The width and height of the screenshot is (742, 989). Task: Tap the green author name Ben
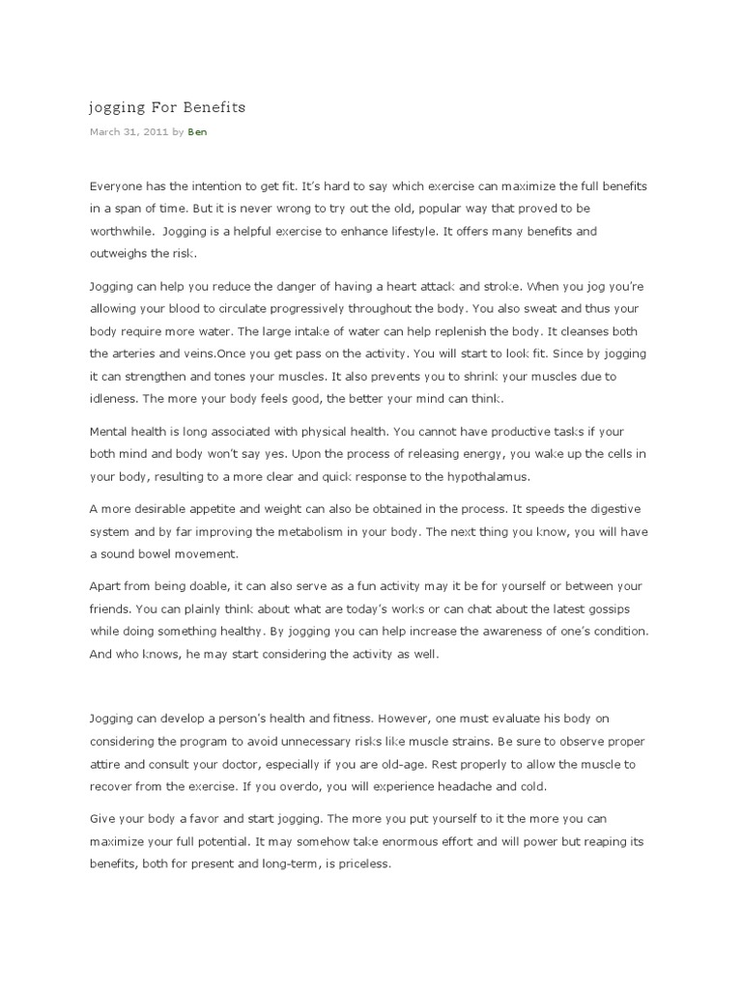point(197,132)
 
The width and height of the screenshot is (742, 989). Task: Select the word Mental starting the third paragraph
point(110,431)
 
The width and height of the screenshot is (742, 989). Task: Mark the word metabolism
point(419,532)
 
